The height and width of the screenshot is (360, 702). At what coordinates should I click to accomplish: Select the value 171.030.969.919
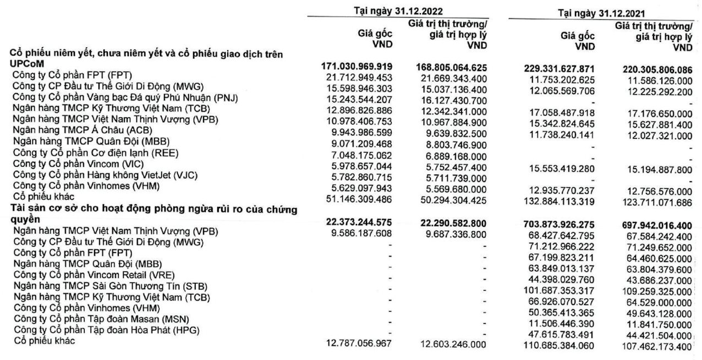(x=358, y=66)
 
